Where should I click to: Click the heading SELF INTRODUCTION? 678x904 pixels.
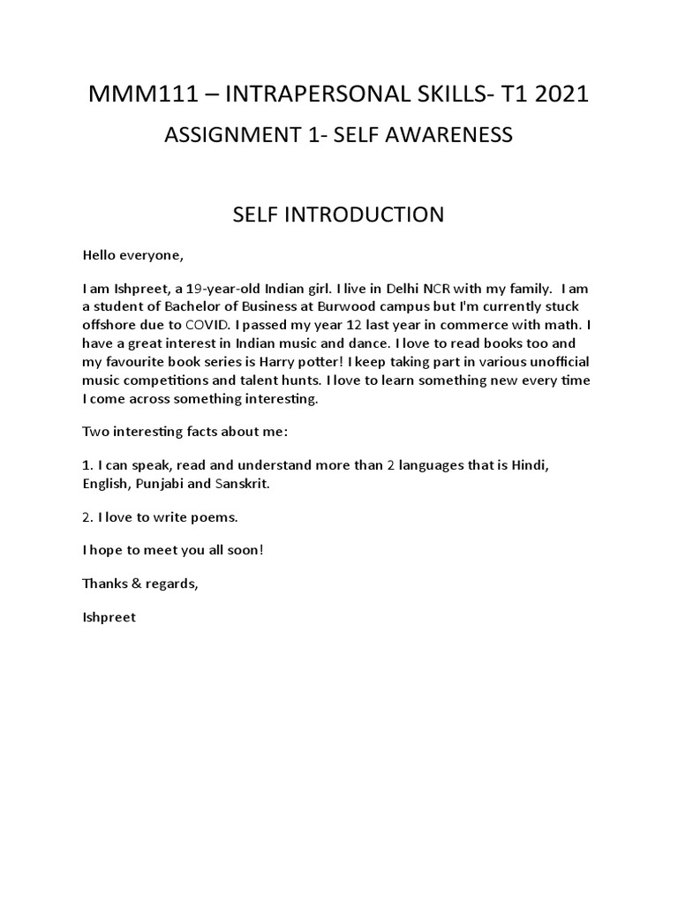coord(338,215)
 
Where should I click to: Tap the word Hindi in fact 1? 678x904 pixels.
coord(532,464)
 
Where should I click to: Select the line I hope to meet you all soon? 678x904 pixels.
coord(173,550)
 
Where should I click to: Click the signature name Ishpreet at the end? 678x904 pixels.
coord(109,617)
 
